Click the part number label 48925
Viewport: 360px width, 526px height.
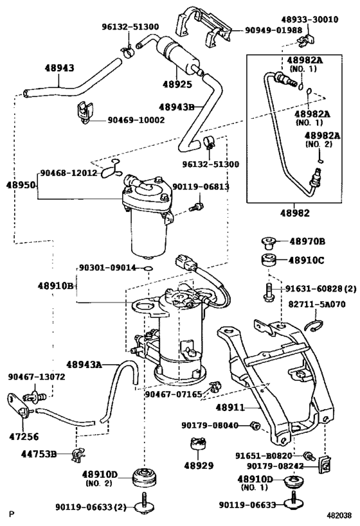pyautogui.click(x=177, y=84)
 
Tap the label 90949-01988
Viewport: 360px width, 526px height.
pyautogui.click(x=273, y=30)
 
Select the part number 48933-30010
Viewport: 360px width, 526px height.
pyautogui.click(x=310, y=19)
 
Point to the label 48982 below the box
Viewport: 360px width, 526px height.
pyautogui.click(x=294, y=213)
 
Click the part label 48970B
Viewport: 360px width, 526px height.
pyautogui.click(x=307, y=241)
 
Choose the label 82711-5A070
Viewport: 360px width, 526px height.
pyautogui.click(x=317, y=304)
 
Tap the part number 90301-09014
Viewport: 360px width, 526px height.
pyautogui.click(x=107, y=268)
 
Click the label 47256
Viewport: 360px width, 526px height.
pyautogui.click(x=24, y=437)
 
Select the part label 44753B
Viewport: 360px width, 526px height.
pyautogui.click(x=39, y=454)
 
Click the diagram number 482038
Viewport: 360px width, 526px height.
pyautogui.click(x=339, y=515)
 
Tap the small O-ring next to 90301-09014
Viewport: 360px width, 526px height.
pyautogui.click(x=148, y=268)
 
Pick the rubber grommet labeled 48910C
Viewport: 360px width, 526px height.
pyautogui.click(x=269, y=261)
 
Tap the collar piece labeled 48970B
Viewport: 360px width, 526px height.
pyautogui.click(x=268, y=243)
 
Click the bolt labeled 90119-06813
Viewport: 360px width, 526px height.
pyautogui.click(x=197, y=206)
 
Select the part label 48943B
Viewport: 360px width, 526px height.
pyautogui.click(x=177, y=107)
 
